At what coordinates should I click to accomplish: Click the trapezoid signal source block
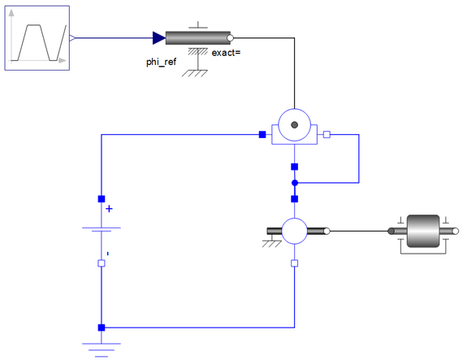[37, 38]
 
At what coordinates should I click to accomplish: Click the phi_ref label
[161, 62]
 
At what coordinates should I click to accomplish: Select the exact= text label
[226, 53]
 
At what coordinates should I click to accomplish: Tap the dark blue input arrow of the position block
[159, 38]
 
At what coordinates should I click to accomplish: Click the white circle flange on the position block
[230, 38]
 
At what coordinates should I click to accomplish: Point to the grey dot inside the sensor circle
[294, 125]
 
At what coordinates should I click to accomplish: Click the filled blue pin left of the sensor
[262, 135]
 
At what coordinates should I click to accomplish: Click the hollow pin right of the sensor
[327, 135]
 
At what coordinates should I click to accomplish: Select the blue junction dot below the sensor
[295, 183]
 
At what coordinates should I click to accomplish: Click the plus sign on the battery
[110, 209]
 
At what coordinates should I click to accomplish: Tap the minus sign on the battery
[108, 254]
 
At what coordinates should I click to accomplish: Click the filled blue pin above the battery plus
[102, 199]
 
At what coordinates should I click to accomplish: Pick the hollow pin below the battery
[102, 263]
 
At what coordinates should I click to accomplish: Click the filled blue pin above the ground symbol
[102, 327]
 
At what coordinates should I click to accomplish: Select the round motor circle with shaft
[294, 232]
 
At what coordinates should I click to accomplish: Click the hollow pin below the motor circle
[294, 263]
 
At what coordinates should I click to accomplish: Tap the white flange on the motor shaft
[327, 232]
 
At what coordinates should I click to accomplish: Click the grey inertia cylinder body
[423, 231]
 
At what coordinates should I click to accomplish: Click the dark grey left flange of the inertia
[391, 232]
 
